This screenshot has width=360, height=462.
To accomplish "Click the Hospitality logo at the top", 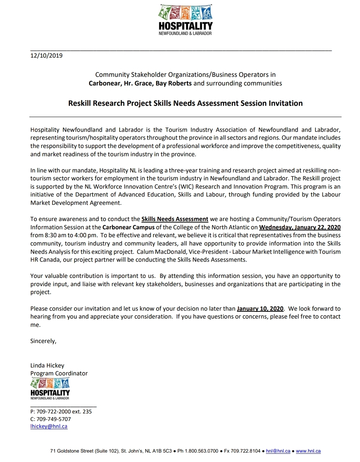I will pos(185,20).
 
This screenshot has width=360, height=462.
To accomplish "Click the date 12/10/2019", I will pos(46,56).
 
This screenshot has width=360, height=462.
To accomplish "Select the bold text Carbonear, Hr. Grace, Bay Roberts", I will pos(140,83).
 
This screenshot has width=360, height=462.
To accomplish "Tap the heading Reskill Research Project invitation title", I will pos(185,103).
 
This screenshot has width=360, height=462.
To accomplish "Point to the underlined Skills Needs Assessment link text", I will pos(175,219).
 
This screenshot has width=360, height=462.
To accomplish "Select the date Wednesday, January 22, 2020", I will pos(300,227).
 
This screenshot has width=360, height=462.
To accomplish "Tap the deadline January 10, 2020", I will pos(260,309).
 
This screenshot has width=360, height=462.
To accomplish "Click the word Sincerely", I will pos(43,341).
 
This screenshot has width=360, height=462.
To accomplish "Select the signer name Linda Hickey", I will pos(47,365).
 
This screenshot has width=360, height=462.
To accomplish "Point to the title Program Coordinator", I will pos(59,373).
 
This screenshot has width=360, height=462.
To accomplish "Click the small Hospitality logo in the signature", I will pos(50,389).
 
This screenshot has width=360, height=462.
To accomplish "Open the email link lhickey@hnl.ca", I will pos(49,426).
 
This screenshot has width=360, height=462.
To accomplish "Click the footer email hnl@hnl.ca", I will pos(278,451).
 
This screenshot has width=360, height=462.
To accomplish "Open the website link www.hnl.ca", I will pos(308,451).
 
